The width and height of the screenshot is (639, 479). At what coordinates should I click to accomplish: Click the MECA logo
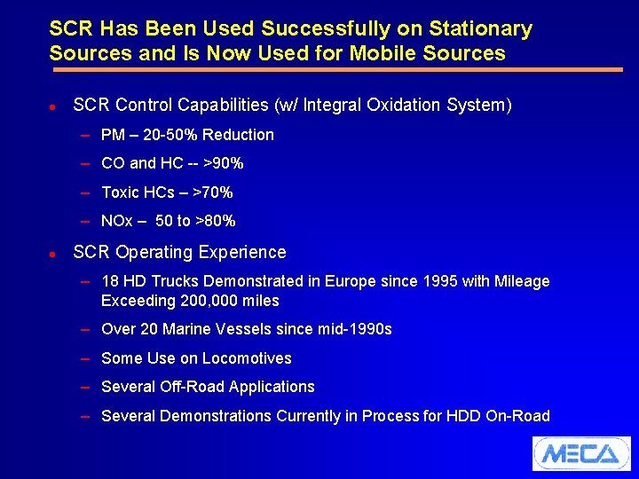[580, 453]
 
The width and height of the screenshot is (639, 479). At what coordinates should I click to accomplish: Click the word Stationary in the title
[480, 29]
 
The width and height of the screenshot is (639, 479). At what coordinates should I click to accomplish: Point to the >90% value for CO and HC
[223, 163]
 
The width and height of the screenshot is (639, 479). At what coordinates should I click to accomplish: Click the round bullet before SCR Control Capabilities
[53, 106]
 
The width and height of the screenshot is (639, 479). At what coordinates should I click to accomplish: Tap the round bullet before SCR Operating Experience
[53, 254]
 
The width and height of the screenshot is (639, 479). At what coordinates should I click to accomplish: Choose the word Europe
[351, 281]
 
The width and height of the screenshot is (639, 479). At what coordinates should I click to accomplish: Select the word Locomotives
[247, 358]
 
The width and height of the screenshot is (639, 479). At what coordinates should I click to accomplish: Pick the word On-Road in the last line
[517, 416]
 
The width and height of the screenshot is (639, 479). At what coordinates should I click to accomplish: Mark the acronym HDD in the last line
[462, 416]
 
